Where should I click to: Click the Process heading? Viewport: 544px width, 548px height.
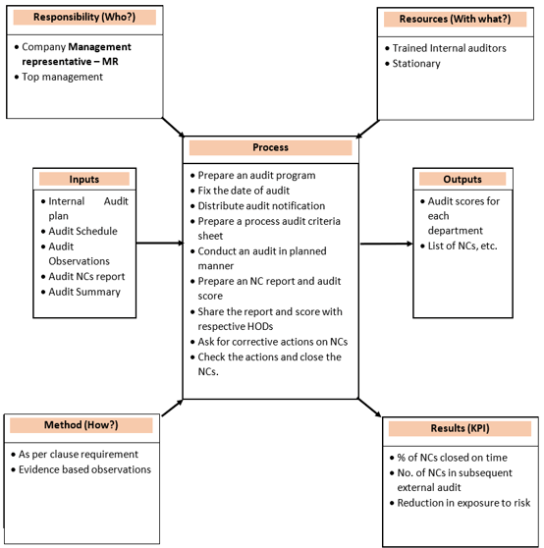[x=270, y=148]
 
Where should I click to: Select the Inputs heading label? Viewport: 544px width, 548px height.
[x=84, y=180]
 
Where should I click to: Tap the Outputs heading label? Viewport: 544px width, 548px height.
[x=462, y=180]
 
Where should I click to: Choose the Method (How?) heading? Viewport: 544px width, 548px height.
[x=82, y=425]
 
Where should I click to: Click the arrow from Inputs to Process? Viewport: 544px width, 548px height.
[x=159, y=243]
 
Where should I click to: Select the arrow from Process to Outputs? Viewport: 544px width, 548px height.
[x=385, y=243]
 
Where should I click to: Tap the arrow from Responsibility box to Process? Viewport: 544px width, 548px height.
[x=173, y=128]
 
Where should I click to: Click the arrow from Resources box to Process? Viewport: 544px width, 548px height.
[x=366, y=127]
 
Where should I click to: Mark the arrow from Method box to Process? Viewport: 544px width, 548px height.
[x=172, y=408]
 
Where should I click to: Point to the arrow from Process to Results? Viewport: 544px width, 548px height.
[x=370, y=410]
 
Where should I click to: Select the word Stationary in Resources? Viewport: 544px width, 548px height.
[x=416, y=64]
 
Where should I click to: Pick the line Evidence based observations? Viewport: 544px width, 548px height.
[x=84, y=469]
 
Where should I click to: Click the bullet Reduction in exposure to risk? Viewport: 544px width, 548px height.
[x=462, y=503]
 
